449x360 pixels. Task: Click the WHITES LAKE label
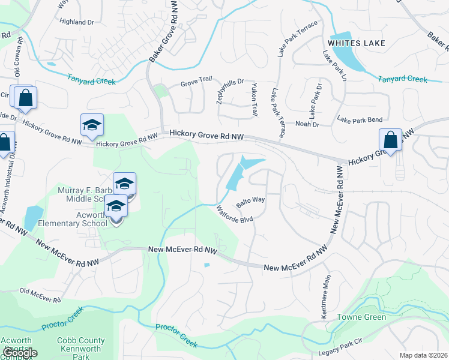click(357, 43)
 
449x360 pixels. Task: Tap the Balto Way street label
click(250, 202)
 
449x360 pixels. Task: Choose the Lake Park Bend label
click(360, 120)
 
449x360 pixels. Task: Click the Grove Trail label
click(197, 85)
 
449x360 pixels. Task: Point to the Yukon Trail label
click(255, 98)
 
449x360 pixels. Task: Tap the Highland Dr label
click(77, 22)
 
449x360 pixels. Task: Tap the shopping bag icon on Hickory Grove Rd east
click(390, 140)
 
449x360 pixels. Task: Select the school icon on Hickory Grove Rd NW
click(92, 124)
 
